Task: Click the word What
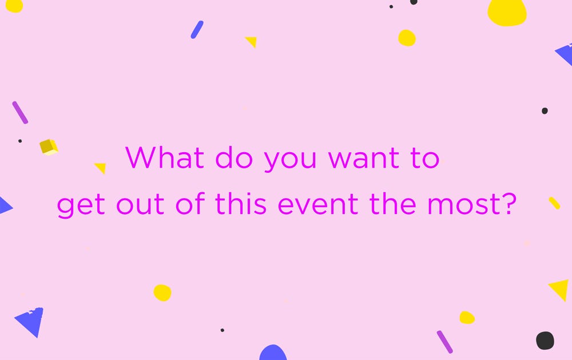tap(165, 157)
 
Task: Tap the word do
tap(234, 157)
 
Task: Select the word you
tap(290, 161)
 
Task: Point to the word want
tap(364, 159)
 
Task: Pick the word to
tap(425, 159)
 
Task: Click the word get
tap(81, 206)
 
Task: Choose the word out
tap(140, 204)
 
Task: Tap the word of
tap(190, 203)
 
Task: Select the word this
tap(241, 203)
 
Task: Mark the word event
tap(318, 204)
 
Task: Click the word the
tap(393, 203)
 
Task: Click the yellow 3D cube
tap(49, 147)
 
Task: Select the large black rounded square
tap(545, 341)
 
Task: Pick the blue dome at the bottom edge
tap(273, 353)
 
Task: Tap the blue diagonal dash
tap(197, 30)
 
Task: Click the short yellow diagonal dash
tap(554, 203)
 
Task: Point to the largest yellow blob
tap(507, 12)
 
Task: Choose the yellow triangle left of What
tap(101, 168)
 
